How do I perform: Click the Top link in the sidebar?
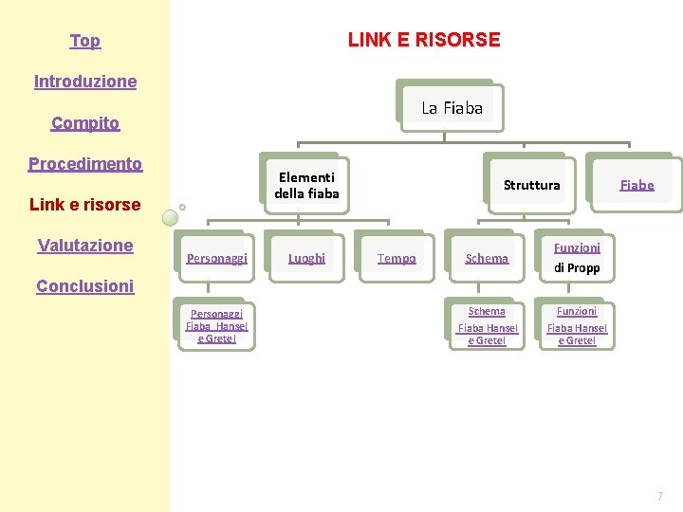pos(84,41)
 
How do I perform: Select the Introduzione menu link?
pos(85,82)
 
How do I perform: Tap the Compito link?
pos(85,123)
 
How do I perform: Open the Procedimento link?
pos(85,164)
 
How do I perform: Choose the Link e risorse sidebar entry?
pos(85,205)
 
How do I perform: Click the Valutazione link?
pos(85,246)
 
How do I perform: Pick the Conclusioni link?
pos(85,286)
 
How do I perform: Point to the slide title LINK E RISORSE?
pos(424,40)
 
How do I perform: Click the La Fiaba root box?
pos(452,108)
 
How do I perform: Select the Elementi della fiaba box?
pos(306,185)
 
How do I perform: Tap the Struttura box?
pos(531,185)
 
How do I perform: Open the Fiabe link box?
pos(637,185)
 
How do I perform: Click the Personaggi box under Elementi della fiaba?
pos(217,258)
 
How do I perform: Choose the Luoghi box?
pos(306,258)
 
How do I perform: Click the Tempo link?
pos(397,258)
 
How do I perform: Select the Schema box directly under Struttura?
pos(487,258)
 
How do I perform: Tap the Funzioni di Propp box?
pos(577,258)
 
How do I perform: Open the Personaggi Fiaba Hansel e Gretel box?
pos(216,326)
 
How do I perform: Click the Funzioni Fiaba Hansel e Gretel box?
pos(577,326)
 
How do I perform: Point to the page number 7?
pos(660,497)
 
